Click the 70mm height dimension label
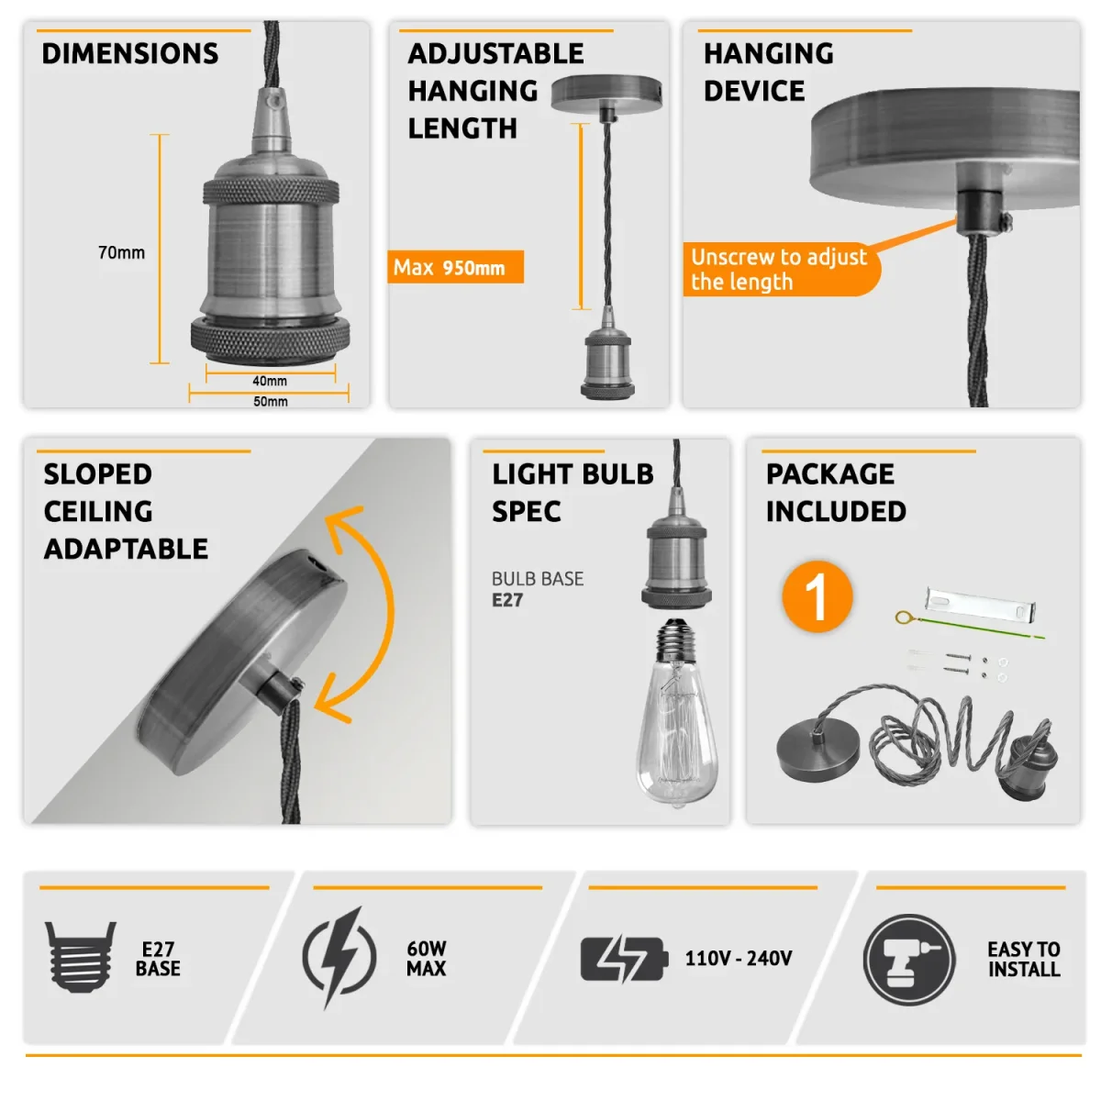click(121, 252)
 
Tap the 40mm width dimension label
click(270, 381)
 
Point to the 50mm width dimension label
click(271, 402)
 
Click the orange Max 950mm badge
click(455, 267)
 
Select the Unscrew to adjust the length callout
click(781, 269)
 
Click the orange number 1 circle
click(817, 596)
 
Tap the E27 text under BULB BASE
click(506, 600)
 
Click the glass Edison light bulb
click(676, 713)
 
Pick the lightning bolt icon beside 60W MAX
click(339, 958)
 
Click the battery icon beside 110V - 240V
click(625, 959)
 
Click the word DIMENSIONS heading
click(129, 54)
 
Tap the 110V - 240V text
click(739, 958)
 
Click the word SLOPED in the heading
click(97, 474)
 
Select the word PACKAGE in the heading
click(830, 474)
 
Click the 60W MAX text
click(427, 958)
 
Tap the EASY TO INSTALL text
click(1024, 960)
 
